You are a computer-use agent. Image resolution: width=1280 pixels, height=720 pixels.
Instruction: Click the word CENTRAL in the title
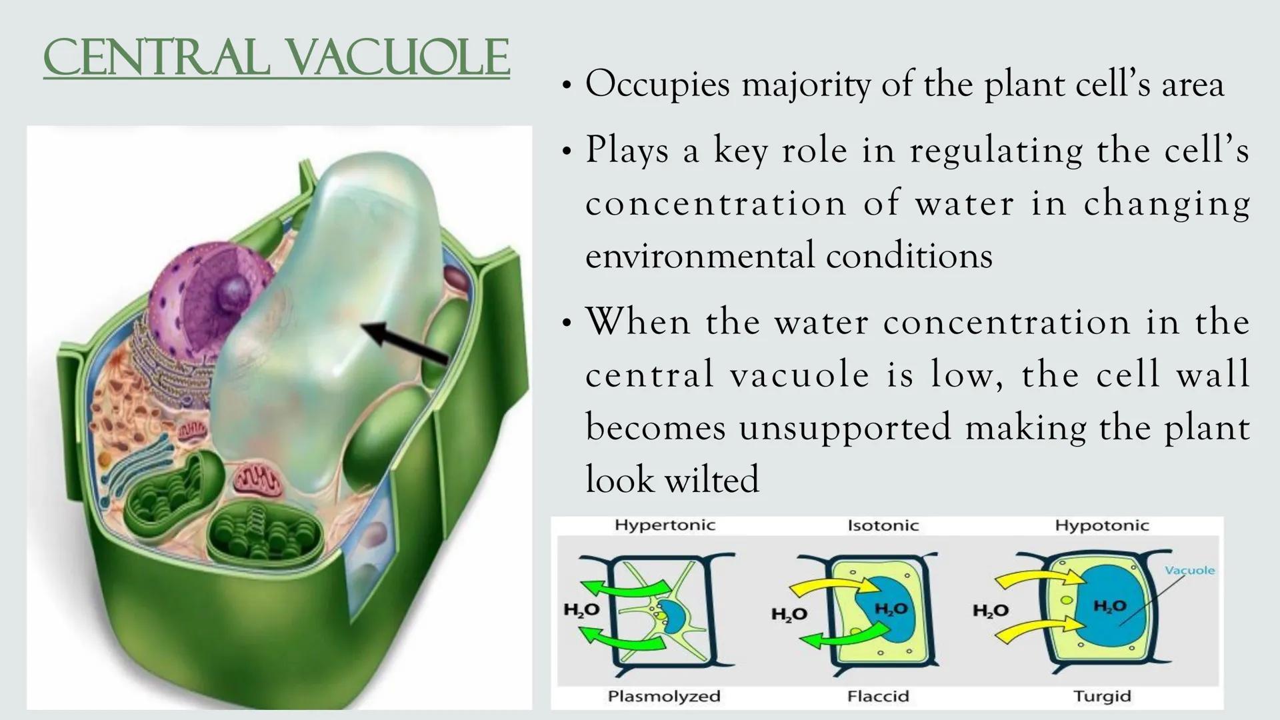[x=156, y=59]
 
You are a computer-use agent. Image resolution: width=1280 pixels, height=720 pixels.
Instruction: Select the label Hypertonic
[x=664, y=525]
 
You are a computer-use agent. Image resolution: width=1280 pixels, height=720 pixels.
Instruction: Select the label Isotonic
[x=883, y=525]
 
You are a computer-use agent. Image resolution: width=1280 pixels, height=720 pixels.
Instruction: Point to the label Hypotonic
[x=1101, y=525]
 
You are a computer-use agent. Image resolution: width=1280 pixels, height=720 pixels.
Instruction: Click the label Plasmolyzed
[x=663, y=696]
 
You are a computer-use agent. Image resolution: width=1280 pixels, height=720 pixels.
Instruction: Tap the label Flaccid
[x=877, y=696]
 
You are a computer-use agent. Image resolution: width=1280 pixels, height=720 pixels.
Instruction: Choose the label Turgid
[x=1101, y=696]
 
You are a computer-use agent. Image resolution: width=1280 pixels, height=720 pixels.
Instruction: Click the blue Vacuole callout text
[x=1189, y=571]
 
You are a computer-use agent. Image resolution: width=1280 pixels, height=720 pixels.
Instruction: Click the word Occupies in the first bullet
[x=657, y=85]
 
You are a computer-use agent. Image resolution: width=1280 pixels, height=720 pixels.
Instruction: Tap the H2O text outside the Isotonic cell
[x=789, y=613]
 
